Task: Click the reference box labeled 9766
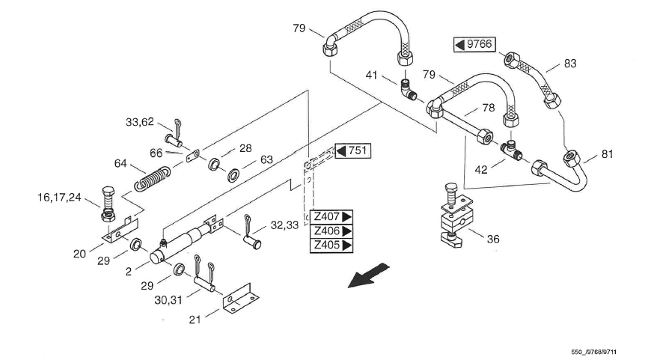click(474, 44)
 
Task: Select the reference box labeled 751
click(353, 151)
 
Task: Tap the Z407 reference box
click(331, 217)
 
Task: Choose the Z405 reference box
click(331, 245)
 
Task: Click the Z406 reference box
click(331, 231)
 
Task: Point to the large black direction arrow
click(367, 275)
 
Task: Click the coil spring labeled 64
click(153, 179)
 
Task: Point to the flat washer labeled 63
click(233, 175)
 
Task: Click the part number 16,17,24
click(59, 198)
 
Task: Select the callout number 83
click(570, 64)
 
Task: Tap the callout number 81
click(607, 154)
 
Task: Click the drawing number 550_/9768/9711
click(594, 353)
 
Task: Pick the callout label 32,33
click(284, 225)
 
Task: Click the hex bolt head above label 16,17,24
click(108, 193)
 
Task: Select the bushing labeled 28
click(215, 164)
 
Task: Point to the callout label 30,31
click(168, 300)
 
